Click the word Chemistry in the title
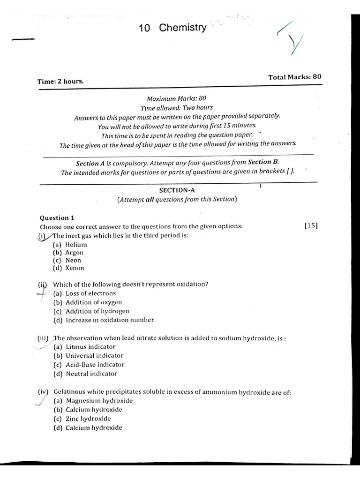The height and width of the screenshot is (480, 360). [x=182, y=28]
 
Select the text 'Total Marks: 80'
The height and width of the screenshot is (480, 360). [x=294, y=77]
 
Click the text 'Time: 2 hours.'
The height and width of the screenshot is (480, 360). [x=60, y=81]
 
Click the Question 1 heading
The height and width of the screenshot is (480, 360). [x=57, y=218]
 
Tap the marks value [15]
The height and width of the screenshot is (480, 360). [x=311, y=225]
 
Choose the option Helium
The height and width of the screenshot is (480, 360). [x=76, y=244]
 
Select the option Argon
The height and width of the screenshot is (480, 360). [x=74, y=252]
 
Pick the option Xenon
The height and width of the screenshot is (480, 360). [x=75, y=268]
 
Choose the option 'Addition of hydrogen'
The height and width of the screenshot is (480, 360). [x=97, y=311]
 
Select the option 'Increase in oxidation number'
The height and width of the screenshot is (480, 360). [x=109, y=320]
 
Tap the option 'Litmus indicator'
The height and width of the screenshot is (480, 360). [x=90, y=347]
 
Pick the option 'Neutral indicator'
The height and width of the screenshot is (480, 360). [x=91, y=374]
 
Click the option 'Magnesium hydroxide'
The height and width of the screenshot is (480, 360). [x=99, y=401]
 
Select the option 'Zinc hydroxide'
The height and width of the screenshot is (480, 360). [x=88, y=419]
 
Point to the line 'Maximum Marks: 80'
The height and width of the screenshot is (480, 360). [x=176, y=99]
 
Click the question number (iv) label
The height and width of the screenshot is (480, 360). [x=44, y=392]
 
